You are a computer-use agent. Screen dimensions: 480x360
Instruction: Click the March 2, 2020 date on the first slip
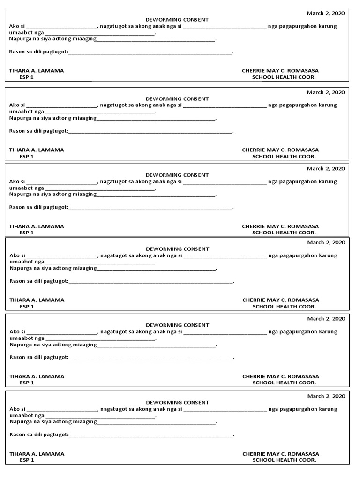tap(326, 13)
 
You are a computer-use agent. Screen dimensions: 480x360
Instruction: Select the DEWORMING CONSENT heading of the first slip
tap(177, 20)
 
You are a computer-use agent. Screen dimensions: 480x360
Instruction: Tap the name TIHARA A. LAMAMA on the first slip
tap(37, 71)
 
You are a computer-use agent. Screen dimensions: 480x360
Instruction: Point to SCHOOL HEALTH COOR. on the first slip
tap(284, 77)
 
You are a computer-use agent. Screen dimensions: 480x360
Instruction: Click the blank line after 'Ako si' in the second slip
tap(61, 106)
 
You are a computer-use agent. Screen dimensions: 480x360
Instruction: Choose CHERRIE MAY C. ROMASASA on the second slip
tap(280, 150)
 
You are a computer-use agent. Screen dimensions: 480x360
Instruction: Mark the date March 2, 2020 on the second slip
tap(326, 92)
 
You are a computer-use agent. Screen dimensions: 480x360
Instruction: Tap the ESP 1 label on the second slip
tap(26, 157)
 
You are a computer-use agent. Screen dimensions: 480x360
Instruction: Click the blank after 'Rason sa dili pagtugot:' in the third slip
tap(150, 208)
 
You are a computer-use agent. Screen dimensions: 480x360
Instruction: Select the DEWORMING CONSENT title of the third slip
tap(177, 175)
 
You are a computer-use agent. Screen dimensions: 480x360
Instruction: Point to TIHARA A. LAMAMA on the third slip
tap(37, 226)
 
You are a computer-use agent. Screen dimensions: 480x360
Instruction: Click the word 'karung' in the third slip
tap(328, 181)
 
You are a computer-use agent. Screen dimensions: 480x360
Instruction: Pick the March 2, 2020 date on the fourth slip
tap(326, 243)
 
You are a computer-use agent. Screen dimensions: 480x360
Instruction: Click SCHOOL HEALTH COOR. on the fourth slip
tap(284, 307)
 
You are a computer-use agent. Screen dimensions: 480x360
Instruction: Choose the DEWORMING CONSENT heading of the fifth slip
tap(177, 325)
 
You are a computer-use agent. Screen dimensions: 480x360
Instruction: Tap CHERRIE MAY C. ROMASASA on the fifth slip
tap(281, 376)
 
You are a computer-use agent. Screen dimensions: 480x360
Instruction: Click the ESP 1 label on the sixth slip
tap(27, 460)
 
